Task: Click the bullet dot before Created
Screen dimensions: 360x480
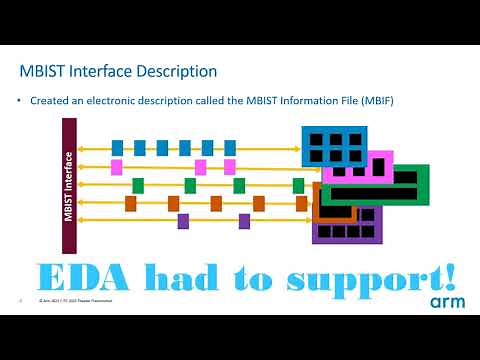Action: tap(20, 100)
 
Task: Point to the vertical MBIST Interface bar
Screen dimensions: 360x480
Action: tap(69, 171)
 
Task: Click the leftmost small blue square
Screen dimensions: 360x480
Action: tap(118, 148)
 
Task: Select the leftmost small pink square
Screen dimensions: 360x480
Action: tap(117, 167)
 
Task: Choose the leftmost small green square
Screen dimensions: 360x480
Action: tap(138, 185)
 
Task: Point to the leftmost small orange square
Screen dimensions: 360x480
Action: tap(131, 203)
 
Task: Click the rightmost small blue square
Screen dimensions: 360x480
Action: tap(230, 148)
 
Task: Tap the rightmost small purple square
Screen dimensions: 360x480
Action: tap(244, 221)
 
